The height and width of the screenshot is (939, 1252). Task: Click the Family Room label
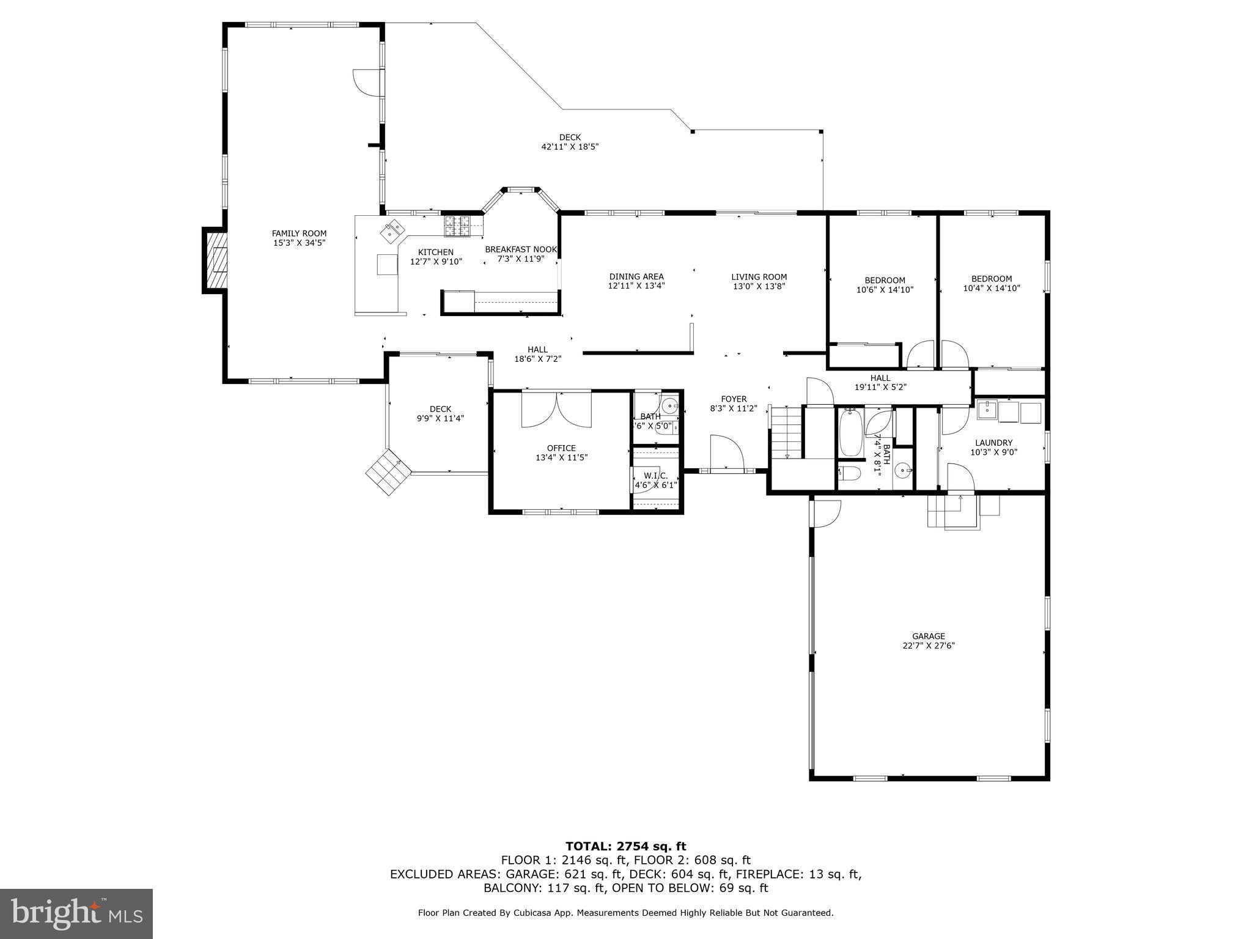[299, 233]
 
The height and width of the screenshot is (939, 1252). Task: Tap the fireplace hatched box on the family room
[215, 261]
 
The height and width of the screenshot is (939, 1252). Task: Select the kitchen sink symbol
[392, 231]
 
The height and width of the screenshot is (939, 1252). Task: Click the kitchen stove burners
[457, 226]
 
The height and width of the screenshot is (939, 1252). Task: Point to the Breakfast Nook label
[521, 249]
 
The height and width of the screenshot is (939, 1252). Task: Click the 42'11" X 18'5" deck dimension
[569, 147]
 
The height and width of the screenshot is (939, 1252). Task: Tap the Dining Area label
[636, 276]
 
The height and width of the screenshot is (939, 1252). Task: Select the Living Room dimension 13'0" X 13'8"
[759, 286]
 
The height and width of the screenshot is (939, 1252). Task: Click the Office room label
[561, 448]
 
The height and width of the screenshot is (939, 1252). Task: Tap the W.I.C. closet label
[655, 476]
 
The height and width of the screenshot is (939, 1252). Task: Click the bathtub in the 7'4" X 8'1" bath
[850, 433]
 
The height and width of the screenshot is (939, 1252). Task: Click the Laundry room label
[993, 443]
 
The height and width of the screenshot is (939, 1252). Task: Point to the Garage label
[928, 636]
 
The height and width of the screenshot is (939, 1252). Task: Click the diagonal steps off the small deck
[388, 473]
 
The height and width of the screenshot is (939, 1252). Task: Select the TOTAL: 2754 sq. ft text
[625, 846]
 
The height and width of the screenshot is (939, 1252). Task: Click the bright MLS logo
[76, 913]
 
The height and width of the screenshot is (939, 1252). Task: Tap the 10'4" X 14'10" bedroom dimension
[992, 288]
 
